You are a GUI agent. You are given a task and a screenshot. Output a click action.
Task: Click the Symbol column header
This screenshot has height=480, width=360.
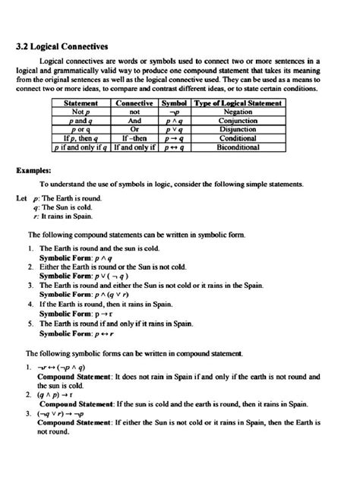pos(175,103)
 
